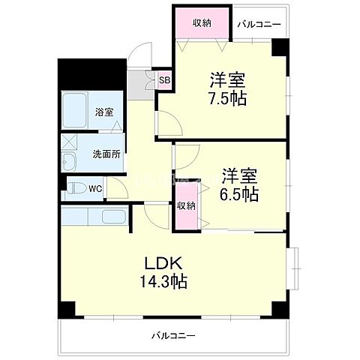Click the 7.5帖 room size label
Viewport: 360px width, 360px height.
point(228,97)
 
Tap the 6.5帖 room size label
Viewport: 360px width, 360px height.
point(240,194)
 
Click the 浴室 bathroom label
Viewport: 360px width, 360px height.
point(103,112)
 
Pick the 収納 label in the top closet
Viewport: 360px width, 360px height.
point(200,22)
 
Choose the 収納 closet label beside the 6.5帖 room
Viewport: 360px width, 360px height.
point(187,205)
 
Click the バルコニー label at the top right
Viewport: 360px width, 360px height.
point(259,24)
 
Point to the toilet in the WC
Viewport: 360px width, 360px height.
point(76,188)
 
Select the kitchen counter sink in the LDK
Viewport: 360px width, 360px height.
point(112,218)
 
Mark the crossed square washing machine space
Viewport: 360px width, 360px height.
point(68,140)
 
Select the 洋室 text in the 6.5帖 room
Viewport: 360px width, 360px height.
point(240,176)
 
